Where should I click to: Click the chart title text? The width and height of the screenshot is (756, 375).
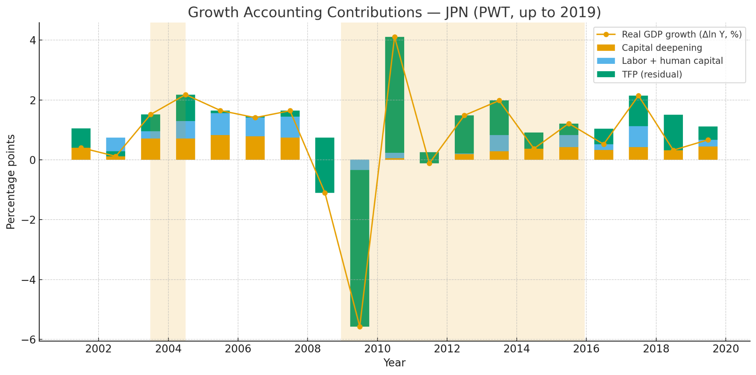click(x=394, y=13)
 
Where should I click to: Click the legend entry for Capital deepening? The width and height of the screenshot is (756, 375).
click(x=661, y=48)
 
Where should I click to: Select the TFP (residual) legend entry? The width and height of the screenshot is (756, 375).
click(x=652, y=75)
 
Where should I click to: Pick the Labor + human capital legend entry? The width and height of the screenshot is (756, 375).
click(x=672, y=61)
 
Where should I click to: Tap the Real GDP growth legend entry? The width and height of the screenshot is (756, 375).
click(x=681, y=35)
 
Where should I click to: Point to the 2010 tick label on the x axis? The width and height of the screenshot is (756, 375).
click(x=377, y=349)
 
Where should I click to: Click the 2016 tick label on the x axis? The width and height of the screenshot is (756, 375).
click(x=586, y=349)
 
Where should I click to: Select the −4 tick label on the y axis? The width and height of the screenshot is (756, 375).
click(x=28, y=280)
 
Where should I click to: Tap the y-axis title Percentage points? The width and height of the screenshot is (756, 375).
click(x=11, y=182)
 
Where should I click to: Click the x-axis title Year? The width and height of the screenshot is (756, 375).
click(x=394, y=363)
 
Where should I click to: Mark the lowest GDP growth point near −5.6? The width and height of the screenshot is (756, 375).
click(x=360, y=327)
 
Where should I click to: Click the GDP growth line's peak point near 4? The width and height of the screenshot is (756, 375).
click(x=395, y=37)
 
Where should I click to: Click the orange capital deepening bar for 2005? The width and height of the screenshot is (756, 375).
click(x=220, y=147)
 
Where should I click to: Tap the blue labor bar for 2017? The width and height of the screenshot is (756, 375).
click(x=638, y=137)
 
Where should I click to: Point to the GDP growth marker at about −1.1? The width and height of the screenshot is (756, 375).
click(x=325, y=193)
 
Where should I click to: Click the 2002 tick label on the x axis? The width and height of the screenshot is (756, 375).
click(x=99, y=349)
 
